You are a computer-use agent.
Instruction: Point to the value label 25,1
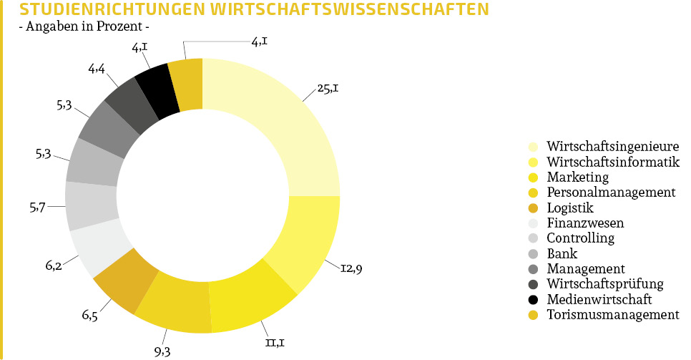coord(328,90)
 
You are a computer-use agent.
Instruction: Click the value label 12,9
coord(352,269)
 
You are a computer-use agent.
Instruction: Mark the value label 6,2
coord(53,266)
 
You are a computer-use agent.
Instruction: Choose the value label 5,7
coord(38,208)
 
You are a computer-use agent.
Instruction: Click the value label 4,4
coord(97,69)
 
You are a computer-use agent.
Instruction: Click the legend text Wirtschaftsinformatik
coord(613,161)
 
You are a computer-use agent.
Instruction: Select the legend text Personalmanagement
coord(611,192)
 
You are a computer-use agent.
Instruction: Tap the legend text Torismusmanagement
coord(612,314)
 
